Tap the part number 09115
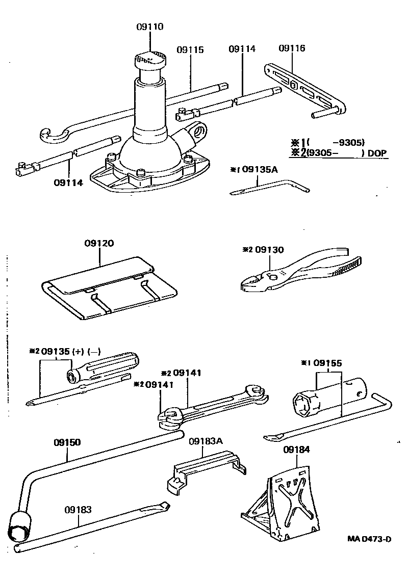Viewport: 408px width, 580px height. pyautogui.click(x=190, y=50)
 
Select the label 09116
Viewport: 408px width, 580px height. pyautogui.click(x=292, y=48)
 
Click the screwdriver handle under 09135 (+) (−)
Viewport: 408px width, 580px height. pyautogui.click(x=105, y=364)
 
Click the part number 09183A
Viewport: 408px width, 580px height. pyautogui.click(x=206, y=441)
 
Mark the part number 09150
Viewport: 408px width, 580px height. pyautogui.click(x=67, y=442)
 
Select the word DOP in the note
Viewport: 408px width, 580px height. pyautogui.click(x=377, y=153)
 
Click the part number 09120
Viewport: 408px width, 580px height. pyautogui.click(x=99, y=244)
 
